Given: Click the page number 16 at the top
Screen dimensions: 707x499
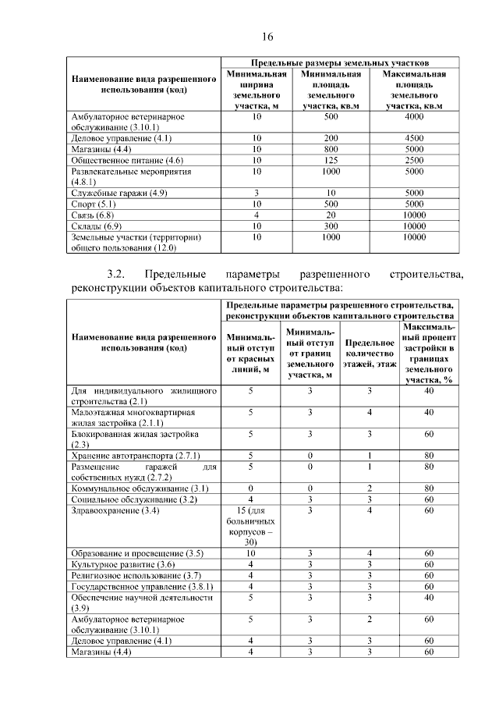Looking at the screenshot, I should pos(267,37).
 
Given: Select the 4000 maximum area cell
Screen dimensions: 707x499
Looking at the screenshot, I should pos(414,116).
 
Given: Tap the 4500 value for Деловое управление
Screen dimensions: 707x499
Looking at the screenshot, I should pos(414,137).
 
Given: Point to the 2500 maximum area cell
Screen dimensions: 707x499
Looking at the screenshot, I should pos(414,159).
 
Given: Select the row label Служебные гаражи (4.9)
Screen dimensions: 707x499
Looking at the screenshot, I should pos(119,192).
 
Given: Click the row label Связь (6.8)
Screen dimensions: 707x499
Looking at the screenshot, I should pos(93,214).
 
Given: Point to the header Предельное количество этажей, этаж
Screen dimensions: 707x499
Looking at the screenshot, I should pos(370,353).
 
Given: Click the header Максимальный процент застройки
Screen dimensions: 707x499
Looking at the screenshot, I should pos(428,353).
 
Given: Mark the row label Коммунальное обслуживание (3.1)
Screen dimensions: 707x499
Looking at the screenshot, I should pos(133,488).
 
